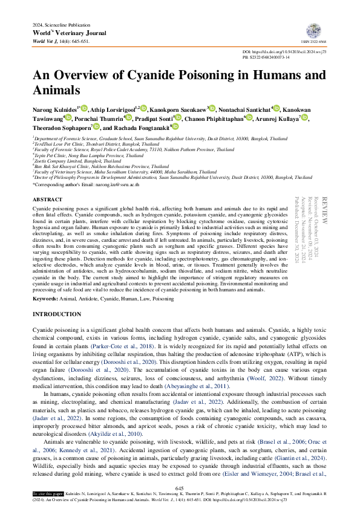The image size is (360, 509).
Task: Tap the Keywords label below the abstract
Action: pos(45,299)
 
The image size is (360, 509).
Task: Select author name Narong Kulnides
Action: pos(54,109)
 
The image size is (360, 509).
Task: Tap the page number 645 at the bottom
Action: pos(180,488)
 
